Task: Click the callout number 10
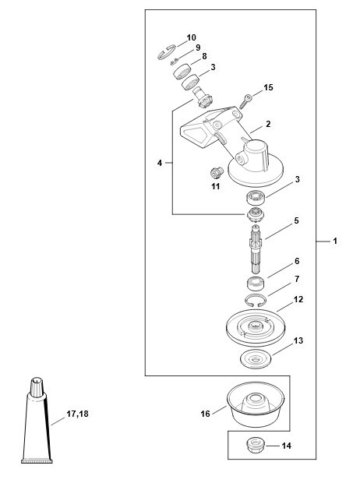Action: coord(191,37)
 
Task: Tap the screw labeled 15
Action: coord(245,101)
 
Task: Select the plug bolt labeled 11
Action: coord(217,173)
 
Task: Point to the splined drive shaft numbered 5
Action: coord(256,248)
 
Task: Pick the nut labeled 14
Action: coord(256,446)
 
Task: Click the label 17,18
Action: coord(77,414)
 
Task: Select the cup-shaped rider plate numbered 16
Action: coord(256,404)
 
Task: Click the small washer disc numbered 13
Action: coord(256,359)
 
